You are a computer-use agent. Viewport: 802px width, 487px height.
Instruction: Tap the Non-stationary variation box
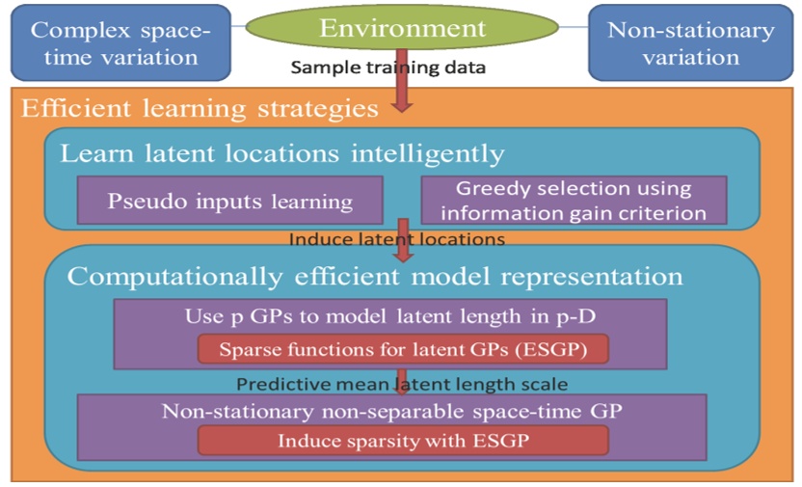(x=690, y=41)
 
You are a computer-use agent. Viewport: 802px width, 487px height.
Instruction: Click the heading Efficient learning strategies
(x=200, y=108)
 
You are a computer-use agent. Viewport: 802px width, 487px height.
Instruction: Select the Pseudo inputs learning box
(x=230, y=202)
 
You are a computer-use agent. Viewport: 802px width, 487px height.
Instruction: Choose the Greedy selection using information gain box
(x=573, y=201)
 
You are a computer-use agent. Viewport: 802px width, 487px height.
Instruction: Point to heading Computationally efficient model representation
(x=374, y=277)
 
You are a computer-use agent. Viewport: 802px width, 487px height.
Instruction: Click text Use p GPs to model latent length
(x=389, y=316)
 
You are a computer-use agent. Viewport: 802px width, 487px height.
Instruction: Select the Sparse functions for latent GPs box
(x=403, y=349)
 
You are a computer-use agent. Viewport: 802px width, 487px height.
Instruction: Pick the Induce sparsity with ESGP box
(x=403, y=441)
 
